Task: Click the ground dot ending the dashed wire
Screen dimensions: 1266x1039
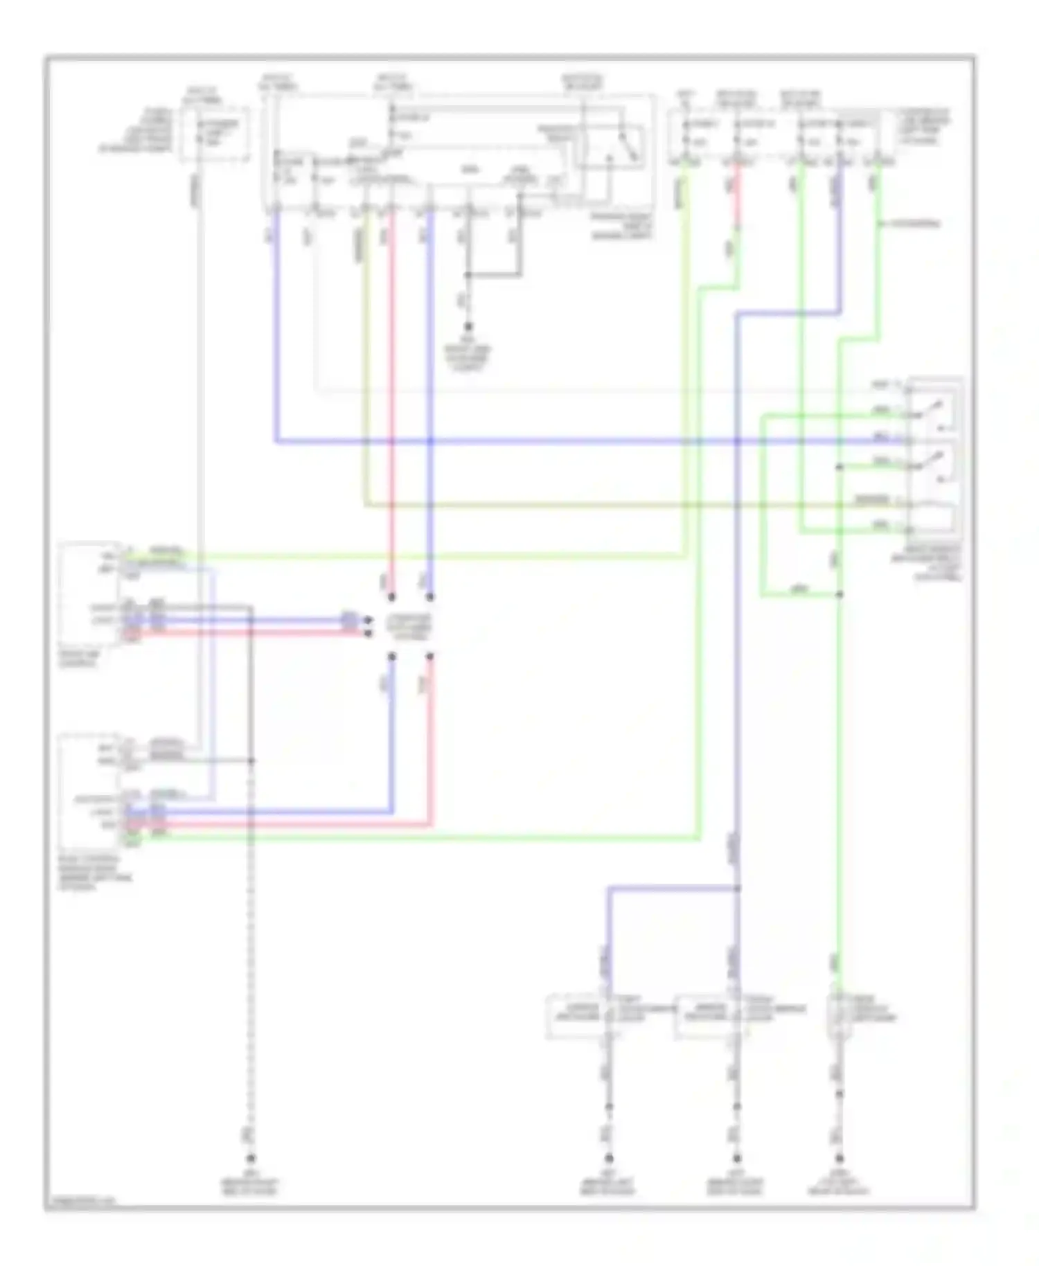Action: tap(251, 1157)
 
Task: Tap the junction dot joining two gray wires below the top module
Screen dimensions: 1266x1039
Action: tap(468, 275)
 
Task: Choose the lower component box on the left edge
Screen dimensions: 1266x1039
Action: tap(90, 793)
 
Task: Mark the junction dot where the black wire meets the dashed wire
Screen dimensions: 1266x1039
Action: tap(251, 760)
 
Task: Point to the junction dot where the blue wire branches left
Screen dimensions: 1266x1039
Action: tap(737, 888)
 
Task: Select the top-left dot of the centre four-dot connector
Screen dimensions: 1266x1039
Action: tap(391, 596)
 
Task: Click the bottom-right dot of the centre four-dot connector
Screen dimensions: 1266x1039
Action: tap(430, 655)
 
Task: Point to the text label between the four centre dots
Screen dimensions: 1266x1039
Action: tap(411, 626)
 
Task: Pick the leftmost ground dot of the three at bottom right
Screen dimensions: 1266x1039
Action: tap(609, 1157)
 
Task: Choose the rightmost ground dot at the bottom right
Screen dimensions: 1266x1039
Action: tap(839, 1157)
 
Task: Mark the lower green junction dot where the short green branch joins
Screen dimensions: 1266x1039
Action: tap(839, 594)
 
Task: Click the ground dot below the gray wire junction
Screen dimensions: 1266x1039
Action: tap(468, 326)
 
